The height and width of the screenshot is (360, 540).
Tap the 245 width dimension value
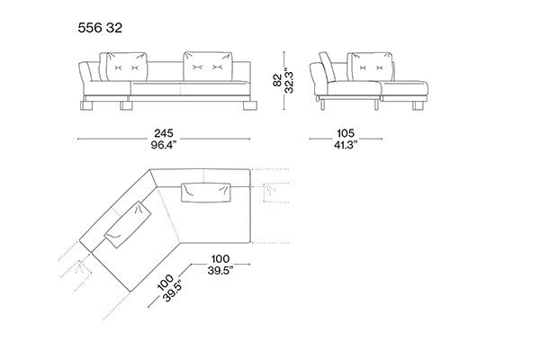[163, 133]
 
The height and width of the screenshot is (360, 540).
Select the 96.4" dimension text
[163, 145]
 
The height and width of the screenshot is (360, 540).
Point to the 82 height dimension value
[277, 79]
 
